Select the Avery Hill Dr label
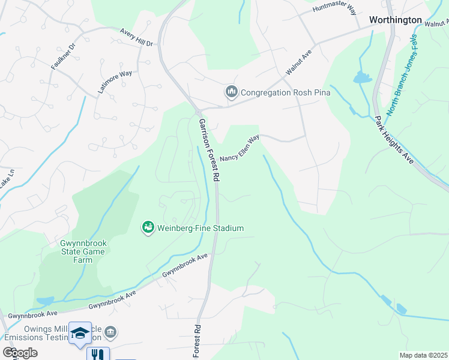(x=137, y=37)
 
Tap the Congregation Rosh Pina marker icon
(x=231, y=92)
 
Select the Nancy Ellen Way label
(x=239, y=148)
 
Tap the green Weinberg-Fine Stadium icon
(x=148, y=227)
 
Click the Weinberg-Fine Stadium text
(x=200, y=228)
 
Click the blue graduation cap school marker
(x=80, y=334)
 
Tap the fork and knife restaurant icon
(x=97, y=354)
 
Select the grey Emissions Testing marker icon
(x=110, y=332)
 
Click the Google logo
(x=20, y=353)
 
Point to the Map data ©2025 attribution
(x=423, y=355)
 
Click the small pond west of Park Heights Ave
(x=362, y=77)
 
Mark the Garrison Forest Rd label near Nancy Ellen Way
(x=208, y=150)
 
